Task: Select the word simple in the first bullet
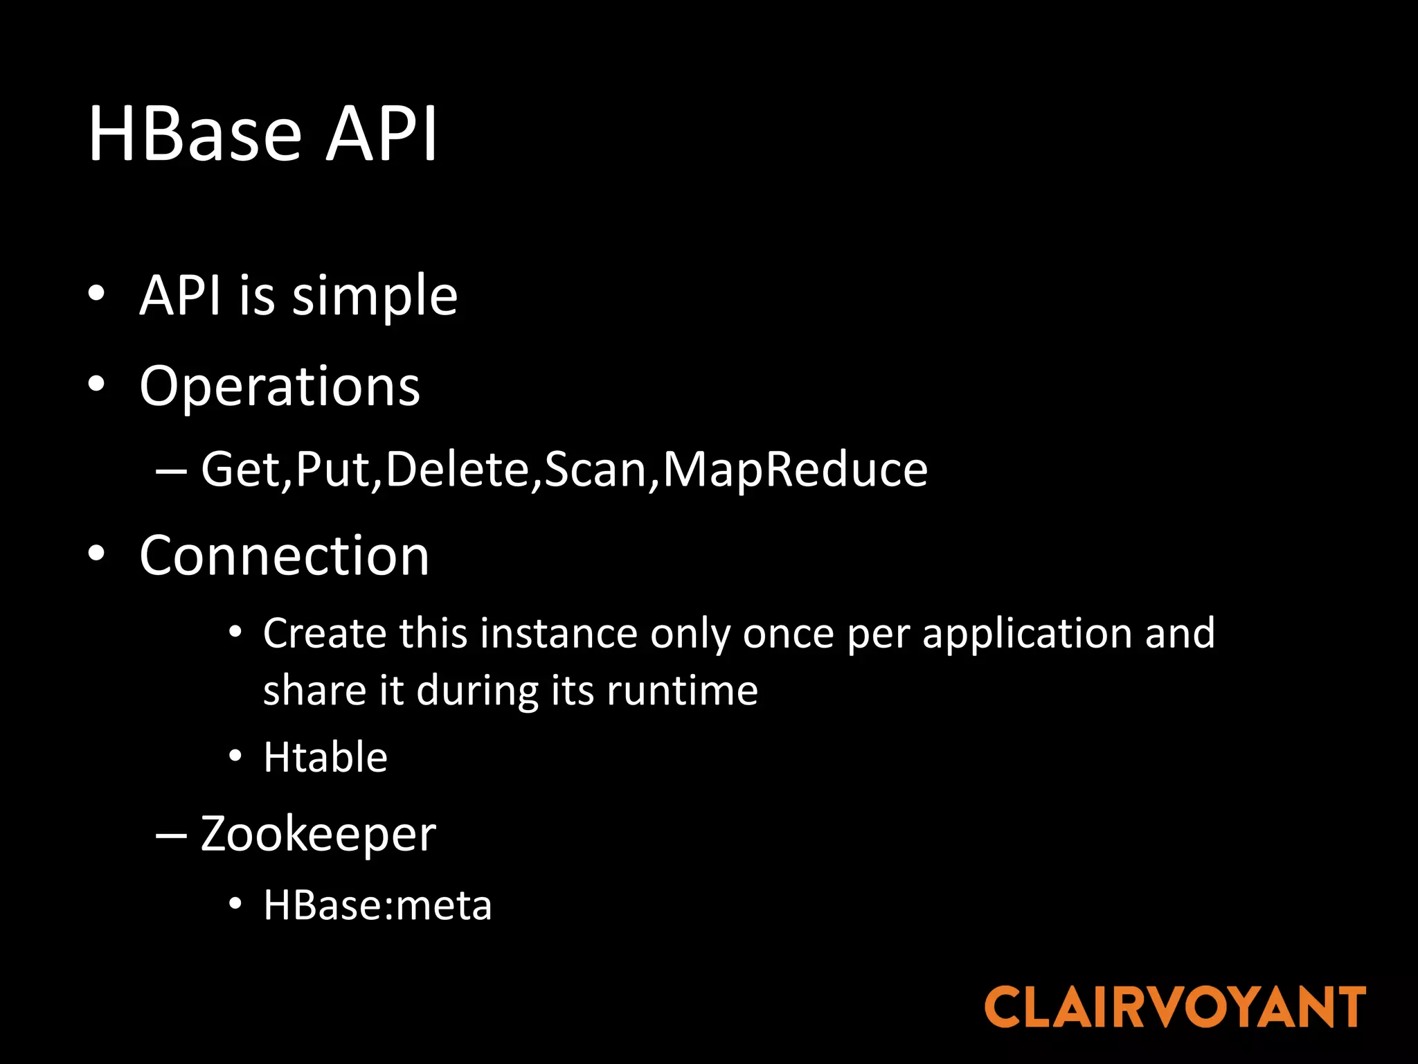375,296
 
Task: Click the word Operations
280,386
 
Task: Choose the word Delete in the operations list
458,470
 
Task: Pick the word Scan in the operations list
595,470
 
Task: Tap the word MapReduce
795,470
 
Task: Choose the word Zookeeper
318,834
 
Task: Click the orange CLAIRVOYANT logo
1175,1007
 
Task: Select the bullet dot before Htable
235,756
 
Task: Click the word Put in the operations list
333,470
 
